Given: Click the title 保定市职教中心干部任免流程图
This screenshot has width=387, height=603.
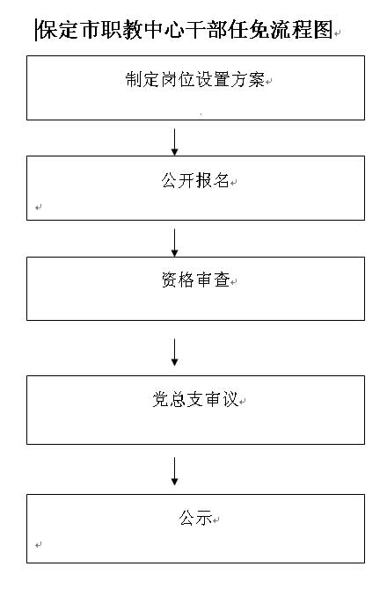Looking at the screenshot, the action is point(185,30).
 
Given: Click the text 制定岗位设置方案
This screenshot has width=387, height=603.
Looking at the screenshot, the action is point(195,80).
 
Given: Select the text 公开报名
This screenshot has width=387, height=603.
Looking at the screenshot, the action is point(195,180).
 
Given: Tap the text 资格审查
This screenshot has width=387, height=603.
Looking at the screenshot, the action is point(195,280).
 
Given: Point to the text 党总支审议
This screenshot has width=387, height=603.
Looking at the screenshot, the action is point(195,399).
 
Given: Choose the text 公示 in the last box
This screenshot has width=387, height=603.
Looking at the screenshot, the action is point(195,518).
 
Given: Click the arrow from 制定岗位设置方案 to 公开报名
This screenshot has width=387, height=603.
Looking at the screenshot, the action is point(175,142).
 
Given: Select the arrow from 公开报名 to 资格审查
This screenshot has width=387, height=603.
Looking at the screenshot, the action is point(175,243).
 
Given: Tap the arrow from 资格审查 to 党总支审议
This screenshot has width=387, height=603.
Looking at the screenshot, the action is point(175,352).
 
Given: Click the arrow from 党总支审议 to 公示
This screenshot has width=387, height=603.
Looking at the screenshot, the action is point(175,471).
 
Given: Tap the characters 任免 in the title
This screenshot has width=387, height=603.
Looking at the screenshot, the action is point(249,30).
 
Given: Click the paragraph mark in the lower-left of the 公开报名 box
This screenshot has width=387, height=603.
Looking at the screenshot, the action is point(38,207).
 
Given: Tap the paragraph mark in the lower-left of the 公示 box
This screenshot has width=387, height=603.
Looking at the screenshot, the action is point(38,545).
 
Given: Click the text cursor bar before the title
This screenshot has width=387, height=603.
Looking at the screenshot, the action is point(36,30).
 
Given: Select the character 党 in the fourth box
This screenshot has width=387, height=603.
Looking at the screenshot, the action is point(160,399).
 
